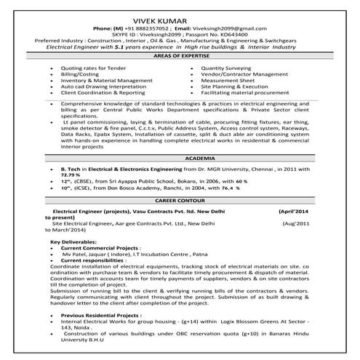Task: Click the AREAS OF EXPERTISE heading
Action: pos(180,55)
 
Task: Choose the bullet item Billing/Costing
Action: pos(82,73)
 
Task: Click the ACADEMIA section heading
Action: pos(180,157)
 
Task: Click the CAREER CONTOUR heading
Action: pos(180,199)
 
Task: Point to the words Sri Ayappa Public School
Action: pos(130,182)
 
